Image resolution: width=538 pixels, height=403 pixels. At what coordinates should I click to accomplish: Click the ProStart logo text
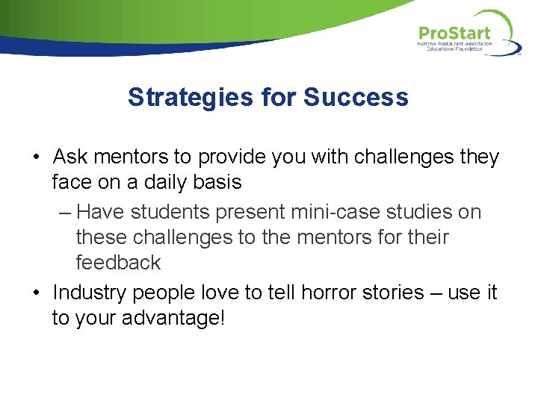tap(454, 34)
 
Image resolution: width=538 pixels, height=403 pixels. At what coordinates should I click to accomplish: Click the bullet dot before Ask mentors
tap(37, 158)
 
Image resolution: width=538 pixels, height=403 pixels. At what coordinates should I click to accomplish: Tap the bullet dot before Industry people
tap(37, 293)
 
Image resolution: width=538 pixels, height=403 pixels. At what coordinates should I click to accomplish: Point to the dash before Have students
tap(64, 213)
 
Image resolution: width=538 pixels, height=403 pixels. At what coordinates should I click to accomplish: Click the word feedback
tap(118, 263)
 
